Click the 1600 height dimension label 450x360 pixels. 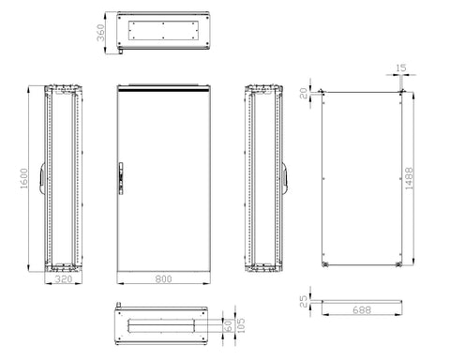coord(24,178)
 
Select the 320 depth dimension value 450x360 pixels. coord(64,278)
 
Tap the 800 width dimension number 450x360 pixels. coord(163,278)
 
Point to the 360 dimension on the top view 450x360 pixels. coord(100,33)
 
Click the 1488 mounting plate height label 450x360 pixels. coord(409,178)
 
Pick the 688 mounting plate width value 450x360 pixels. coord(362,309)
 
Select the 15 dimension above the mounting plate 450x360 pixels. coord(400,67)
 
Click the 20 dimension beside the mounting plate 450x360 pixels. coord(304,93)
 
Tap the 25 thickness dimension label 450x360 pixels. coord(304,302)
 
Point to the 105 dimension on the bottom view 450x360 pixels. coord(241,325)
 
